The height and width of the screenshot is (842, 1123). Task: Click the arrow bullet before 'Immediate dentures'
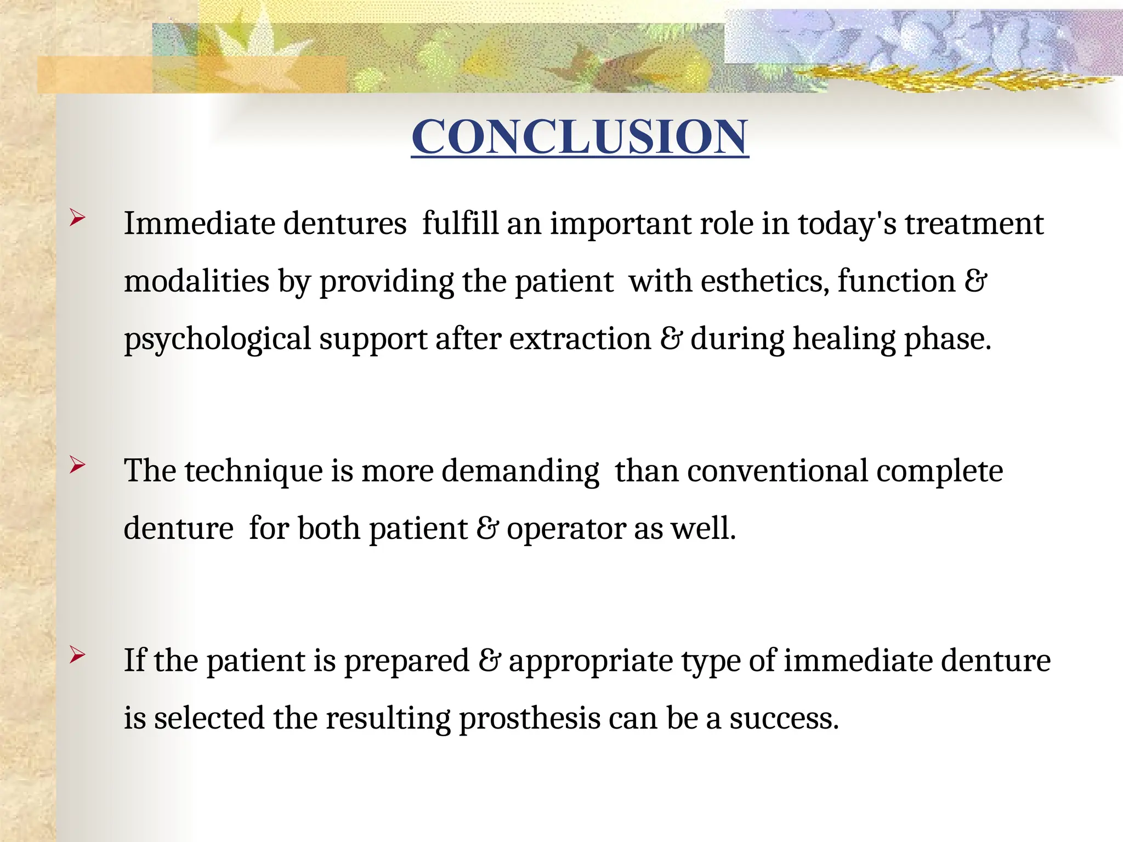pos(77,218)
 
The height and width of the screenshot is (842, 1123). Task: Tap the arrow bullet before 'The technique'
pos(77,465)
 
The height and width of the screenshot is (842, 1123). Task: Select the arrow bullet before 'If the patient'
pos(77,655)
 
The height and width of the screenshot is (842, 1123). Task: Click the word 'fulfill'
pos(460,224)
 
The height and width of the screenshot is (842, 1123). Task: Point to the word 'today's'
pos(847,224)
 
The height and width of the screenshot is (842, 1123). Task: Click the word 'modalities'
pos(196,281)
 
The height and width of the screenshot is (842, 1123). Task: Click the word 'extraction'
pos(580,339)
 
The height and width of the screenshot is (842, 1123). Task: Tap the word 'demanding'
pos(520,471)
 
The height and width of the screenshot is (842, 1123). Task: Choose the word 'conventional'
pos(778,470)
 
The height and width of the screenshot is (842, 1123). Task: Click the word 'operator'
pos(566,529)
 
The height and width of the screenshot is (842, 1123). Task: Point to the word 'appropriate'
pos(591,661)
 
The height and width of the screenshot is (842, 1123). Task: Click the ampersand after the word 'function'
pos(975,281)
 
